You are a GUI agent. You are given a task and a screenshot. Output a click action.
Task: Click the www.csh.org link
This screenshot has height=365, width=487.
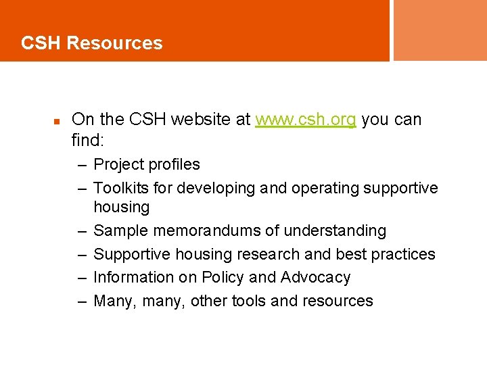point(305,120)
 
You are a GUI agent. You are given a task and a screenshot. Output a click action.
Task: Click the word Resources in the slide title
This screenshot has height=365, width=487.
point(115,43)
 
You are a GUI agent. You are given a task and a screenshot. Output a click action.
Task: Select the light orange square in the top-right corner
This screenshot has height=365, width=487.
point(440,30)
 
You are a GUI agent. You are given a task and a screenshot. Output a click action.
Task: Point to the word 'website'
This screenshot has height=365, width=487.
point(202,120)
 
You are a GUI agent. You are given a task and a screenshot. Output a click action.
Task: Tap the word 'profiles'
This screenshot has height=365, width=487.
point(176,165)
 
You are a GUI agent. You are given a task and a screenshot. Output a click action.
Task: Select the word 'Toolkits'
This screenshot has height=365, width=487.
point(122,188)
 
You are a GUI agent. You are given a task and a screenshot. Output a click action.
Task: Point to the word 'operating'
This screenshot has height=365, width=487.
point(325,189)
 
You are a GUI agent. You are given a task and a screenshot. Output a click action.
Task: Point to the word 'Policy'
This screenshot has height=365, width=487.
point(227,278)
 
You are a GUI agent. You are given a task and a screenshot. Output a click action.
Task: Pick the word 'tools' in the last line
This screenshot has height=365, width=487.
point(248,301)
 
